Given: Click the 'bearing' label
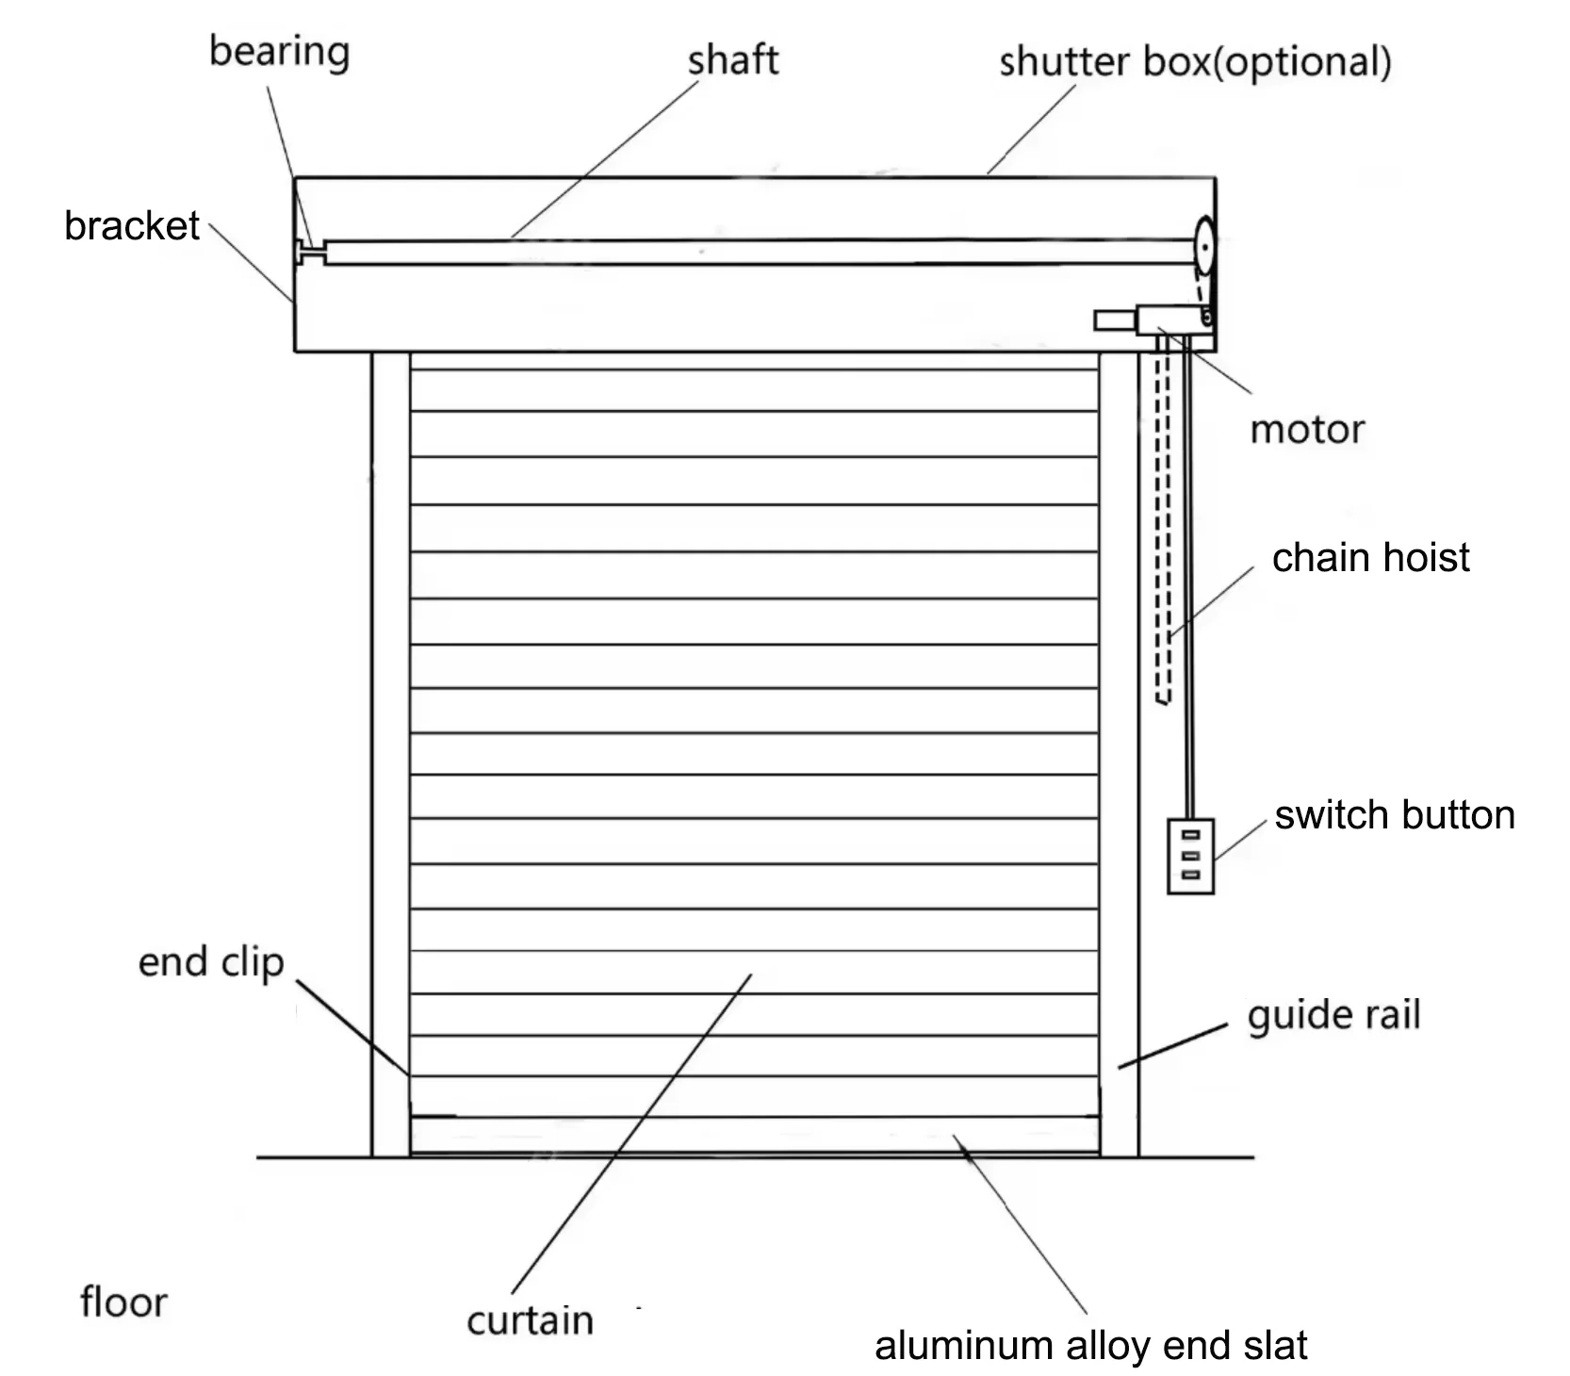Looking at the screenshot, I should [279, 52].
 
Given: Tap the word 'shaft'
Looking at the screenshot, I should [732, 60].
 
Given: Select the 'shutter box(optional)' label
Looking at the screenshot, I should [1194, 62].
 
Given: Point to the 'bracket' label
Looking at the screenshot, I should [131, 226].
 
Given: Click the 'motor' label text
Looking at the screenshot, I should [1306, 430].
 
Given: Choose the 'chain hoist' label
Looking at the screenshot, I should [1369, 558].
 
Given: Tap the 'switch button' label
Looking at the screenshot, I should [1394, 815].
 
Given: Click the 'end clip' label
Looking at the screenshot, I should [210, 962].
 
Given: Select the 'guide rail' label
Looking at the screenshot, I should [1333, 1016].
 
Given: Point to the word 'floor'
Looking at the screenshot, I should [123, 1302].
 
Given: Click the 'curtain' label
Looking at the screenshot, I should [530, 1320].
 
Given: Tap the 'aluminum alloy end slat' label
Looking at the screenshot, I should [1090, 1346].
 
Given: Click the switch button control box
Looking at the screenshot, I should [1190, 856].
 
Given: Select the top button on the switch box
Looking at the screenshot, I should [1190, 835].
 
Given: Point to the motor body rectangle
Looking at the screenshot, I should [1169, 319].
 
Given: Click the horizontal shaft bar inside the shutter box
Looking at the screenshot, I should [754, 252].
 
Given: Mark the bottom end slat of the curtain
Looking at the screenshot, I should [754, 1135].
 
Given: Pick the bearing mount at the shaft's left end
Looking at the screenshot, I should [307, 251].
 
